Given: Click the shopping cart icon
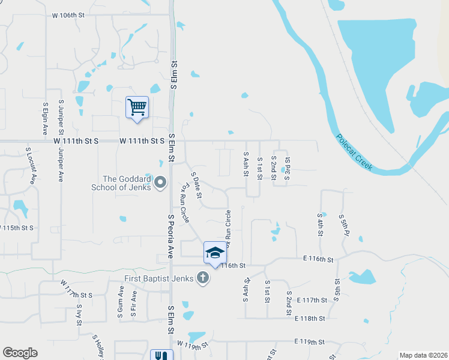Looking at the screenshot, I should click(x=137, y=108).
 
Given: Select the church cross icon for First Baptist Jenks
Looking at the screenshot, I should click(x=203, y=278).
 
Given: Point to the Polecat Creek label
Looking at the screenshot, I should click(x=354, y=152).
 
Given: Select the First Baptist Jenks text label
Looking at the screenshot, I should click(x=160, y=278).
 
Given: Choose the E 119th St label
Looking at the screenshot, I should click(x=309, y=341).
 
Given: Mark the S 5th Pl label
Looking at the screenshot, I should click(x=342, y=224).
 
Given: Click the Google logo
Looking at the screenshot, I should click(x=20, y=353).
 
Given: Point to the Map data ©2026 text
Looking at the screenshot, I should click(x=423, y=355).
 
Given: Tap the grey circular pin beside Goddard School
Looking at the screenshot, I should click(x=160, y=182).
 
